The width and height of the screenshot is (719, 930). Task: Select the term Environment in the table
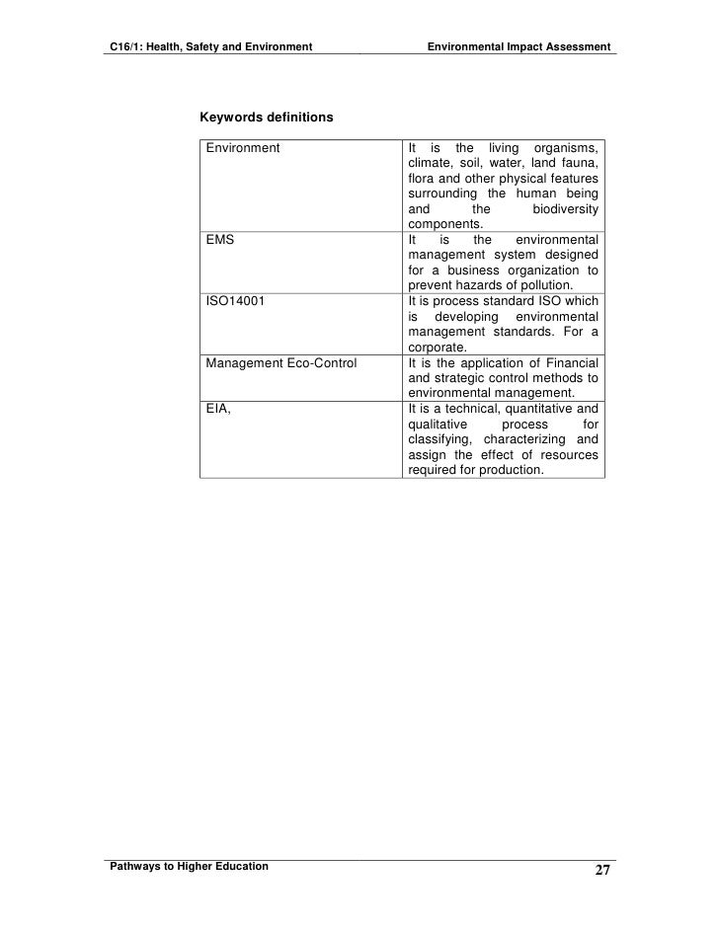(242, 148)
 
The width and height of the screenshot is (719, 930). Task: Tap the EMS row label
(219, 240)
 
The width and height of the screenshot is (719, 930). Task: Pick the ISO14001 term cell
(234, 300)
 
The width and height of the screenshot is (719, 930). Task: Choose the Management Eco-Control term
(280, 362)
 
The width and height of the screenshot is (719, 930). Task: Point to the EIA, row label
(218, 408)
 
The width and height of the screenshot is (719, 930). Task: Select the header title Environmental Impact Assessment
(519, 46)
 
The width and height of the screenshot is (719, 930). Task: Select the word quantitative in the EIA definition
(534, 409)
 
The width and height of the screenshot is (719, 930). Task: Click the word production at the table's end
(510, 470)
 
